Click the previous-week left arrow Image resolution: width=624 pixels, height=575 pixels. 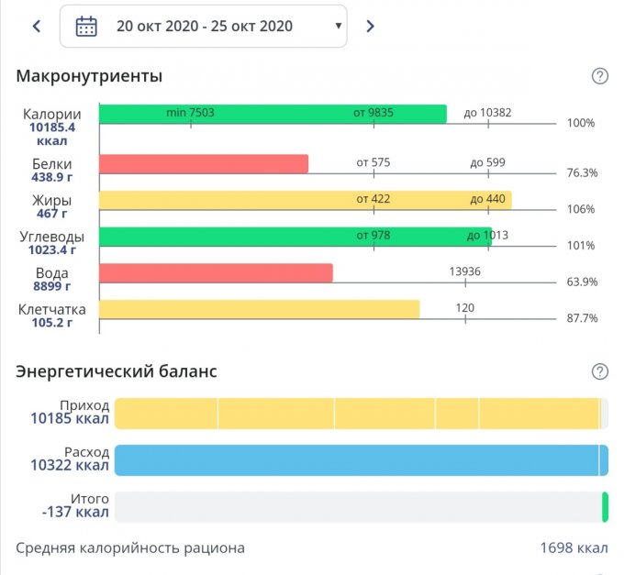pos(37,26)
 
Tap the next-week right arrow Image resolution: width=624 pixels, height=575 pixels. pos(370,26)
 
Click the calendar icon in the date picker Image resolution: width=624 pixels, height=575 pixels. pos(86,26)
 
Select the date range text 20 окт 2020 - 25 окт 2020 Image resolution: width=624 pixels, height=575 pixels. pos(205,26)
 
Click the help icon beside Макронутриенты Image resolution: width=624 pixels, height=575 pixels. pos(600,76)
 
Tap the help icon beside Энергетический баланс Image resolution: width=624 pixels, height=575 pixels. pos(600,371)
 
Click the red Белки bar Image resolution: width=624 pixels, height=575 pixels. pos(203,164)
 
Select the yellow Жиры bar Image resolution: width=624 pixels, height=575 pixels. pos(305,200)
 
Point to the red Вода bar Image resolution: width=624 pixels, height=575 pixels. pos(216,273)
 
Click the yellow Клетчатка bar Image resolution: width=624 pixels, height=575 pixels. pos(259,309)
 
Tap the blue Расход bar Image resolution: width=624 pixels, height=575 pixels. pos(361,460)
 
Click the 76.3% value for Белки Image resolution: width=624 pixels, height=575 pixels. pos(582,172)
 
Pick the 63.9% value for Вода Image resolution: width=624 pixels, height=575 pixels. pos(582,282)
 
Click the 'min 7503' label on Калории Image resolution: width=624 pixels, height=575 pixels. pos(190,113)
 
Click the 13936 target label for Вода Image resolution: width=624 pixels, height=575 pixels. pos(465,271)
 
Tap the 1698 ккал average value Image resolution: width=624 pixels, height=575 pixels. pos(574,548)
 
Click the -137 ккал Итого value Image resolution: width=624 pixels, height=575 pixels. pos(71,512)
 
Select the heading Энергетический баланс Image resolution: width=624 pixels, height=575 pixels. pos(117,371)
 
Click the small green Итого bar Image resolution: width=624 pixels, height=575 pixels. pos(605,507)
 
